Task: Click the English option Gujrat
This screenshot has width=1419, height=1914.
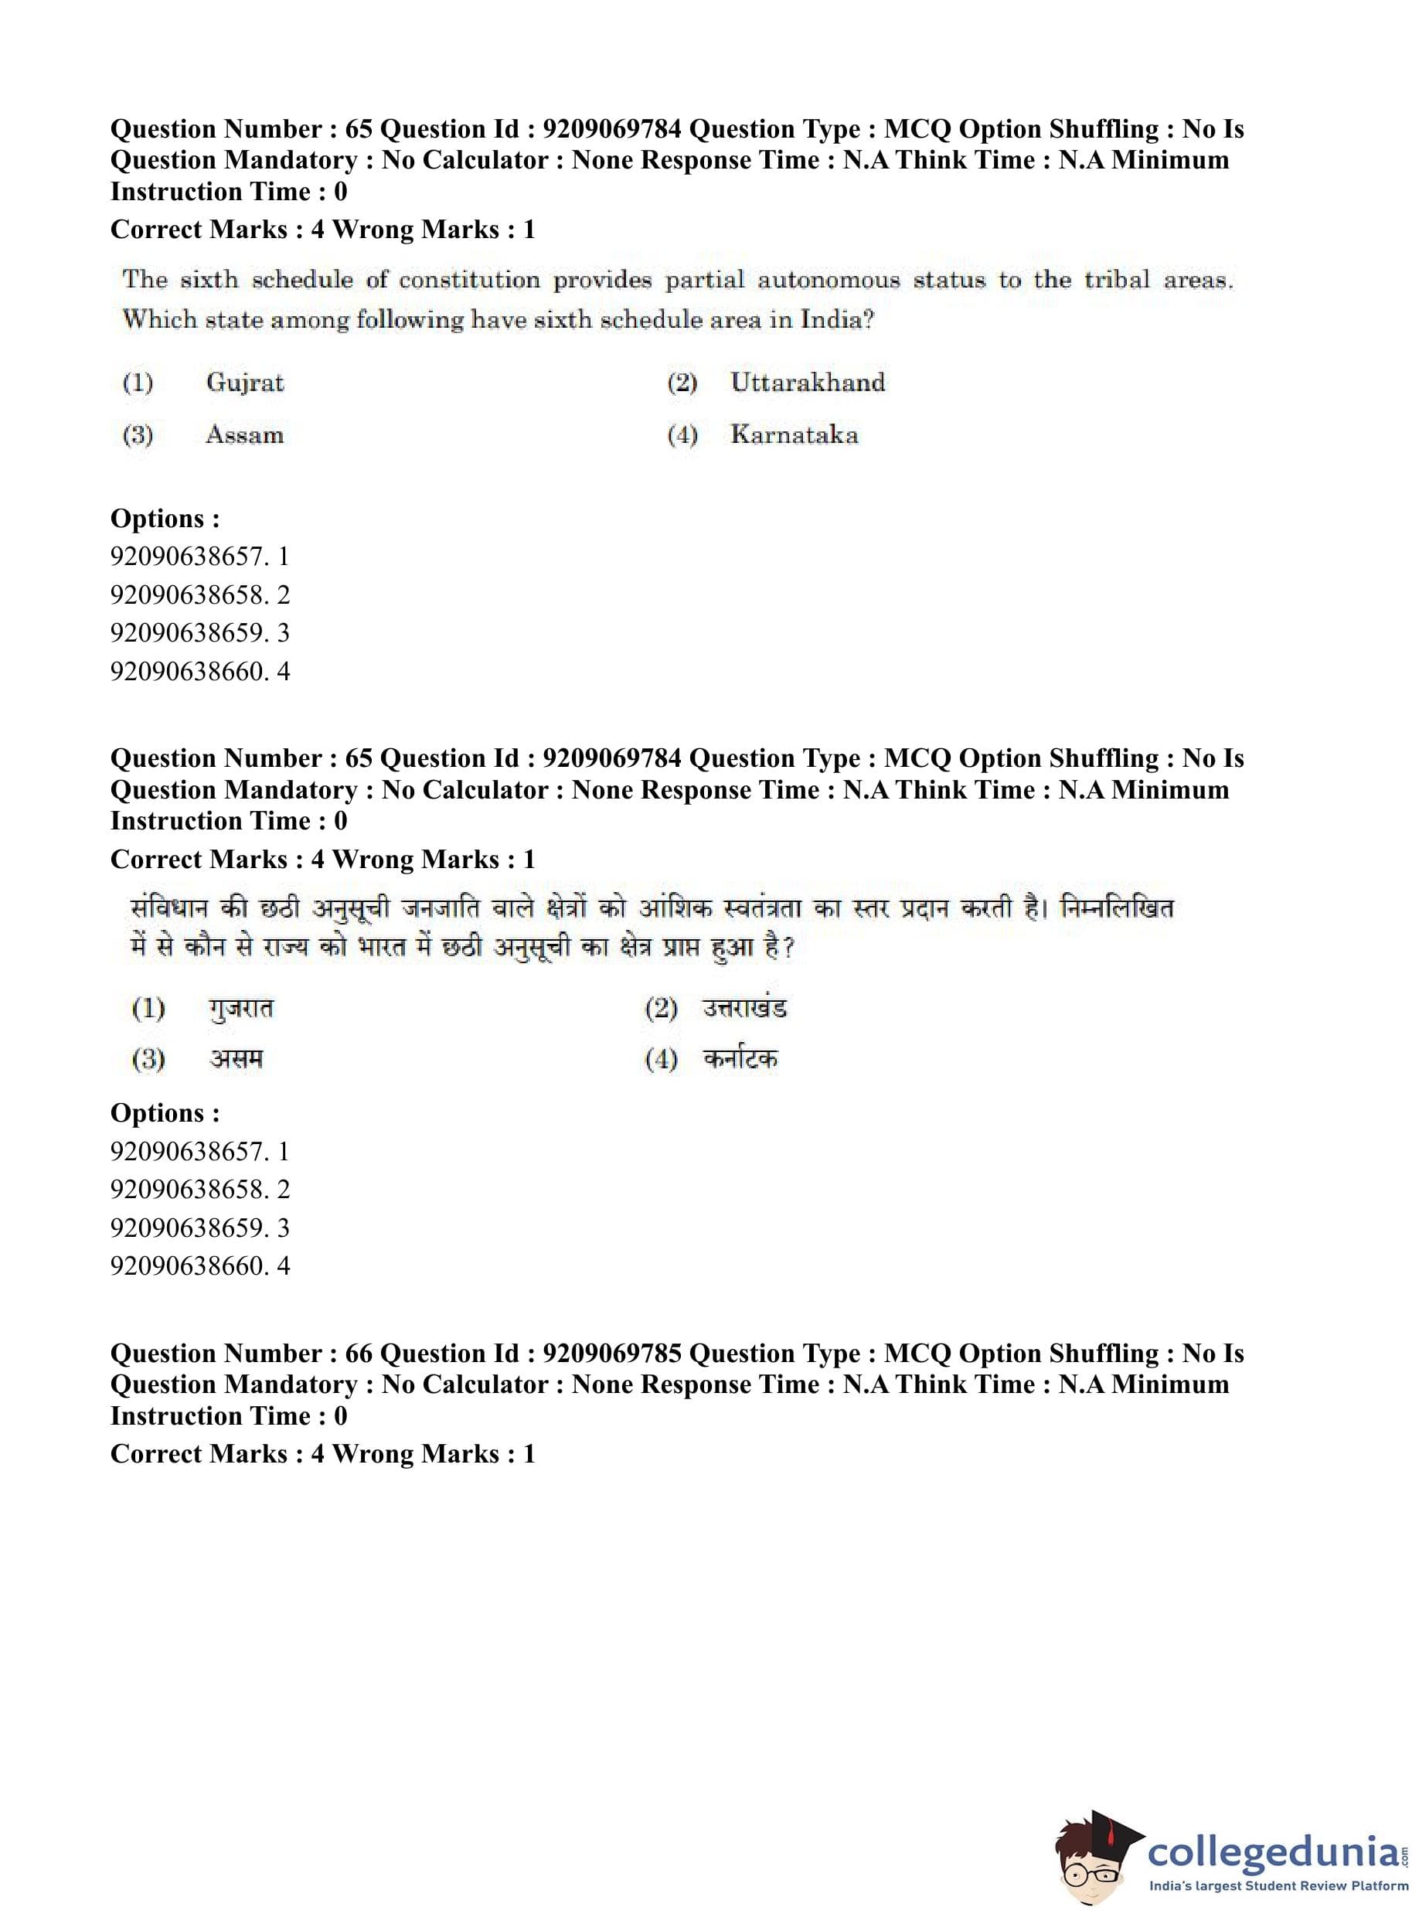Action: click(x=245, y=383)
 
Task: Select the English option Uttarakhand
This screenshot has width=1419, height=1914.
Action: click(x=808, y=383)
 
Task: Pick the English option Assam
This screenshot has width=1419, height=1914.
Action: click(x=245, y=434)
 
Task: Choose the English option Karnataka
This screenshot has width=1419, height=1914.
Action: click(x=794, y=434)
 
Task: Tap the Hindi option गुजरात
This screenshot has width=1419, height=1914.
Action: click(x=240, y=1008)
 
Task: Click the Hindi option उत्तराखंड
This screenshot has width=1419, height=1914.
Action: click(x=744, y=1008)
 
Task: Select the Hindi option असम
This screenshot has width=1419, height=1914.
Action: click(x=236, y=1058)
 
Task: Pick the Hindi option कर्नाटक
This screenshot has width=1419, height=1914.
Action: click(x=740, y=1058)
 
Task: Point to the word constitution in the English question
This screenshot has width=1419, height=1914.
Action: click(x=469, y=280)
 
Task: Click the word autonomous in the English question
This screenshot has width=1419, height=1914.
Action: click(x=828, y=280)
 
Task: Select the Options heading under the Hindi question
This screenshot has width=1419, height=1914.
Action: click(x=165, y=1112)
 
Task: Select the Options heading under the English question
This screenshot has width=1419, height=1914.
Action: click(x=165, y=518)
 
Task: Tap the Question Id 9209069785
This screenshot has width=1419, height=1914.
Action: click(x=611, y=1353)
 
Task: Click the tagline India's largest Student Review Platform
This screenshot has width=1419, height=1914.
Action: click(x=1278, y=1885)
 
